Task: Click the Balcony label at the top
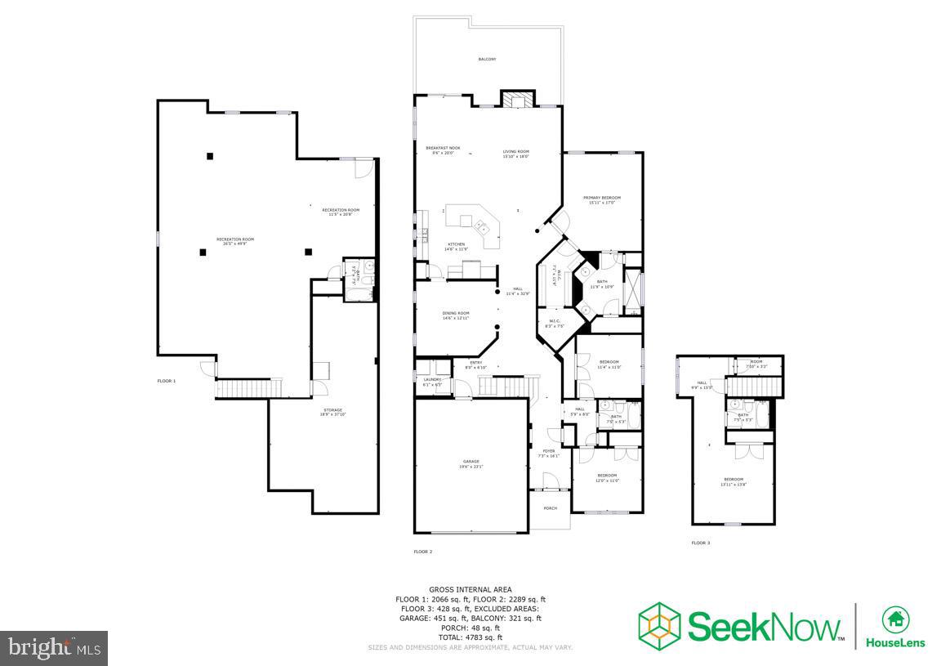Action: (x=487, y=60)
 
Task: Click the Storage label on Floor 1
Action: (x=332, y=411)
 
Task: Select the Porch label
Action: (x=551, y=508)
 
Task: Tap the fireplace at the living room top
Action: (x=516, y=99)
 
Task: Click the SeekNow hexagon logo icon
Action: (x=659, y=624)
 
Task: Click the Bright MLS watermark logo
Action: (x=54, y=648)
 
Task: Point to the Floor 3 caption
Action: (x=700, y=543)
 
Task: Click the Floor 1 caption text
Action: (x=167, y=381)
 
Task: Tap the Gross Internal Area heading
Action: (x=470, y=589)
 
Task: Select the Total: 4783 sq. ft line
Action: (x=470, y=637)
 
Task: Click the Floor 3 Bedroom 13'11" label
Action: (x=733, y=481)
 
